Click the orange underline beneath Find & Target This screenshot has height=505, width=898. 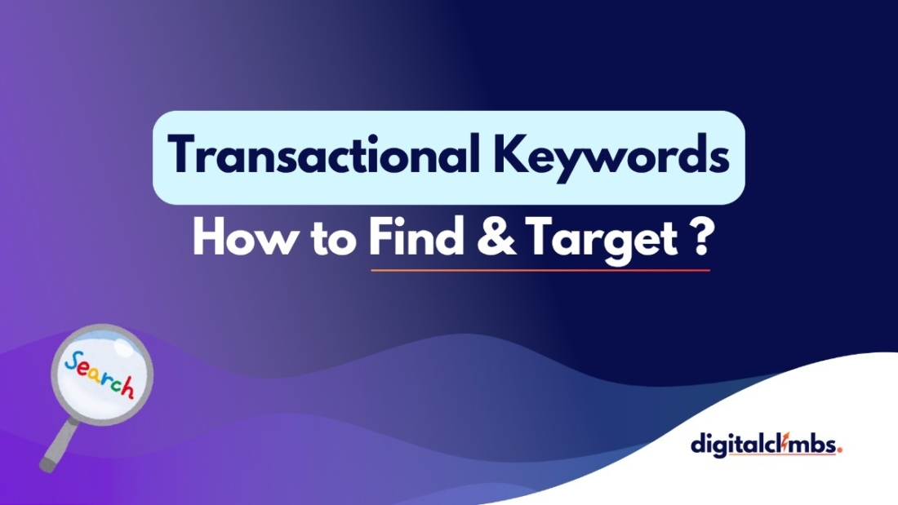coord(540,269)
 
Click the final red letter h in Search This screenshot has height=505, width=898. coord(127,388)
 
